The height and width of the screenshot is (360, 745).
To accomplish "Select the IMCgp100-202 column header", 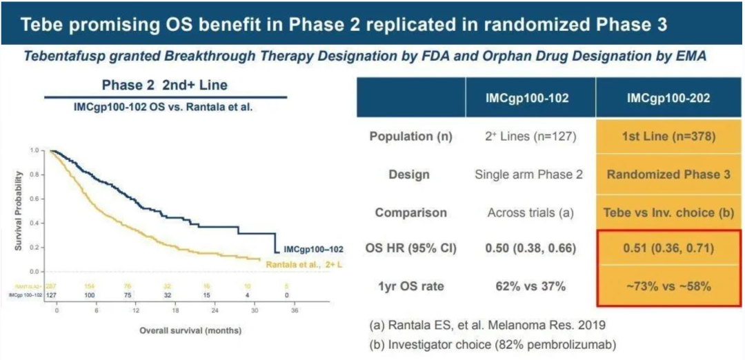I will tap(668, 99).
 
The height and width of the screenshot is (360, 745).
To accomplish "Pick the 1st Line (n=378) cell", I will tap(668, 137).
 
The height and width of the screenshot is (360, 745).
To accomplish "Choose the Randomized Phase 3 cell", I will tap(668, 174).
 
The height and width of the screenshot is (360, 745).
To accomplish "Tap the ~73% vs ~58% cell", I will tap(668, 286).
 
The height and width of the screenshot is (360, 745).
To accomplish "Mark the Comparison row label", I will tap(411, 212).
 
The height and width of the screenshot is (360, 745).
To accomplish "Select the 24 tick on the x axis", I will tap(215, 311).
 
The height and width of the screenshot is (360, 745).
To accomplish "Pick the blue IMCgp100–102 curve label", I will tap(315, 249).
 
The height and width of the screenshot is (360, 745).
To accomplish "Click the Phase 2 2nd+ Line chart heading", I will tap(165, 86).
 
